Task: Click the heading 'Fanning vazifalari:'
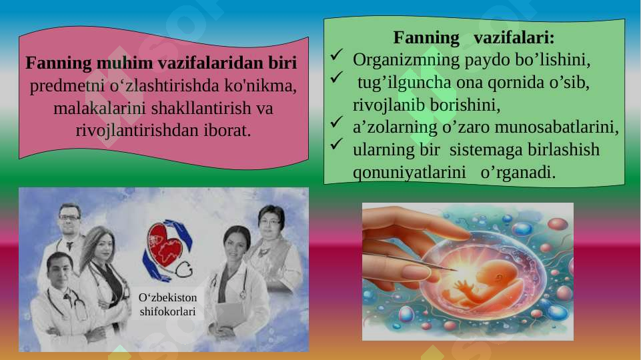point(474,36)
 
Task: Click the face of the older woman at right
point(271,223)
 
